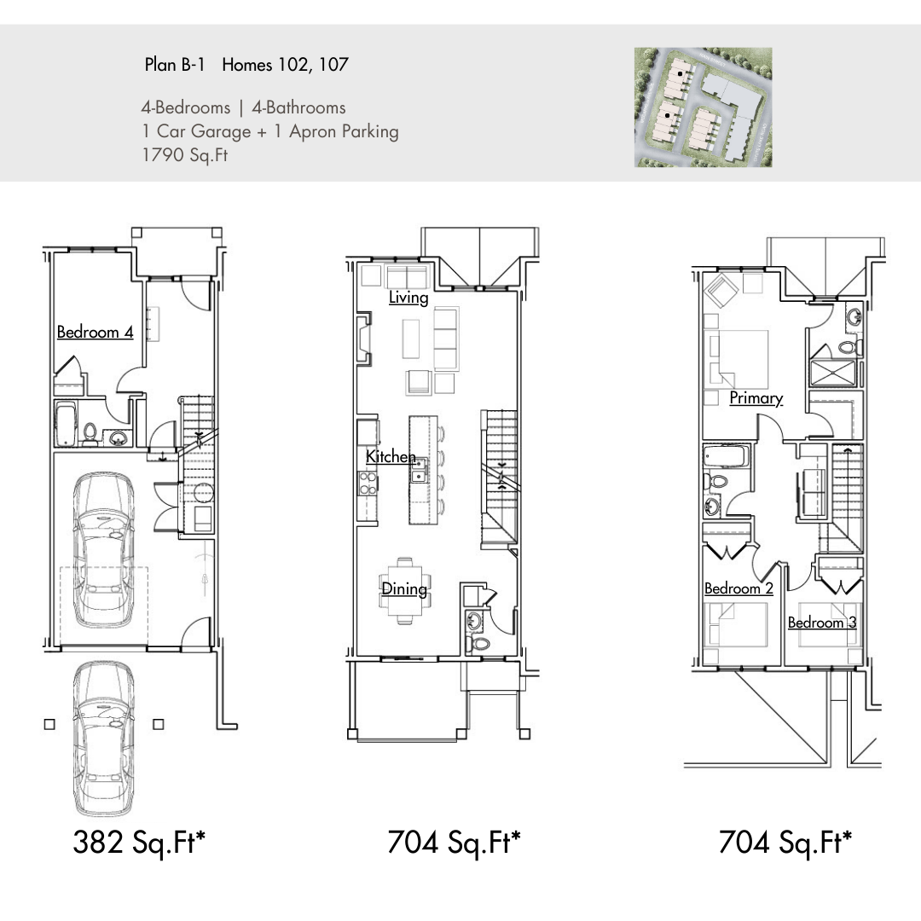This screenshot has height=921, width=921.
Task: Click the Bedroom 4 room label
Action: click(x=96, y=332)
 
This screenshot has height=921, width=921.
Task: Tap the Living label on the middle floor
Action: click(x=408, y=298)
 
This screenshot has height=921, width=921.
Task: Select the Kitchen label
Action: click(x=391, y=456)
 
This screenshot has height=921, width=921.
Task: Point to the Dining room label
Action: click(x=404, y=588)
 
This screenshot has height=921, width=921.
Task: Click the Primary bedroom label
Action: click(x=756, y=398)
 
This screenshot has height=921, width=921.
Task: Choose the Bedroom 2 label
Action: click(x=739, y=588)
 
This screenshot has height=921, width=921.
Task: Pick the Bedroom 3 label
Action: click(x=822, y=623)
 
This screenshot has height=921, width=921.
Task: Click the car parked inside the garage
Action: click(x=103, y=550)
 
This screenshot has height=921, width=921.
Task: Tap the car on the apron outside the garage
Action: click(x=103, y=739)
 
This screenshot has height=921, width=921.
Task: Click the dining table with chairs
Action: click(x=404, y=590)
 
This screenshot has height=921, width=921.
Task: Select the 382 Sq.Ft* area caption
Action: click(x=139, y=842)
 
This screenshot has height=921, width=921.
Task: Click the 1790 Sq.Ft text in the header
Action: click(x=185, y=155)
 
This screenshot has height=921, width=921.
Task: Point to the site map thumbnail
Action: click(x=703, y=107)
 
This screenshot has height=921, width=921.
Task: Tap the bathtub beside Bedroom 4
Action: click(x=65, y=423)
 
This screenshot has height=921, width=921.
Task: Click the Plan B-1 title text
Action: click(x=175, y=64)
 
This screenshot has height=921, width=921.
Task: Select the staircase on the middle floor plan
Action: click(x=500, y=478)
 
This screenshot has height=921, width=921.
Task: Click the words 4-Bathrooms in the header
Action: click(x=299, y=107)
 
